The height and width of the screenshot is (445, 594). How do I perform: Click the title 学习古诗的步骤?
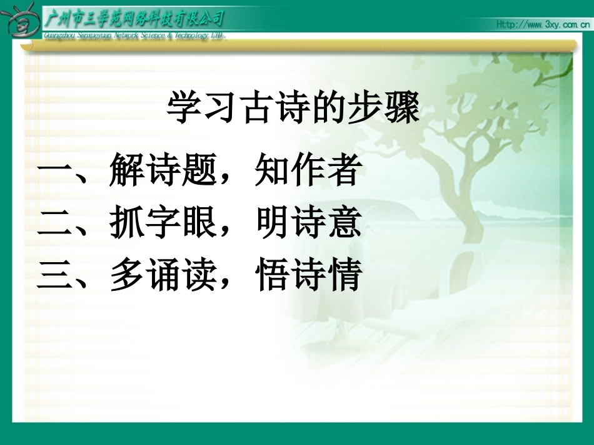[x=293, y=109]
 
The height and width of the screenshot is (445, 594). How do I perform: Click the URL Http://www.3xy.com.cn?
[x=541, y=24]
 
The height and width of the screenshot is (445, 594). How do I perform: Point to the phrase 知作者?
[x=308, y=170]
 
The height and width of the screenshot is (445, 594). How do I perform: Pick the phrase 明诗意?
[x=308, y=223]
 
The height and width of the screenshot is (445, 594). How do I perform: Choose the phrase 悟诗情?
[x=308, y=275]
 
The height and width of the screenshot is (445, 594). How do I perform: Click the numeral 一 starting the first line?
[x=55, y=171]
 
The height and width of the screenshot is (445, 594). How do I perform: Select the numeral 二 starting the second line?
[x=55, y=223]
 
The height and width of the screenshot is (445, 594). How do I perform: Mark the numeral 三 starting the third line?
[x=55, y=276]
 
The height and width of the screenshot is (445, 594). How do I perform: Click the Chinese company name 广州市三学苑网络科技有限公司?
[x=135, y=18]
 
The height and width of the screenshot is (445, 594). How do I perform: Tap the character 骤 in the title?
[x=401, y=109]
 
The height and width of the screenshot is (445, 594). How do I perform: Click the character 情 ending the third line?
[x=345, y=275]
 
